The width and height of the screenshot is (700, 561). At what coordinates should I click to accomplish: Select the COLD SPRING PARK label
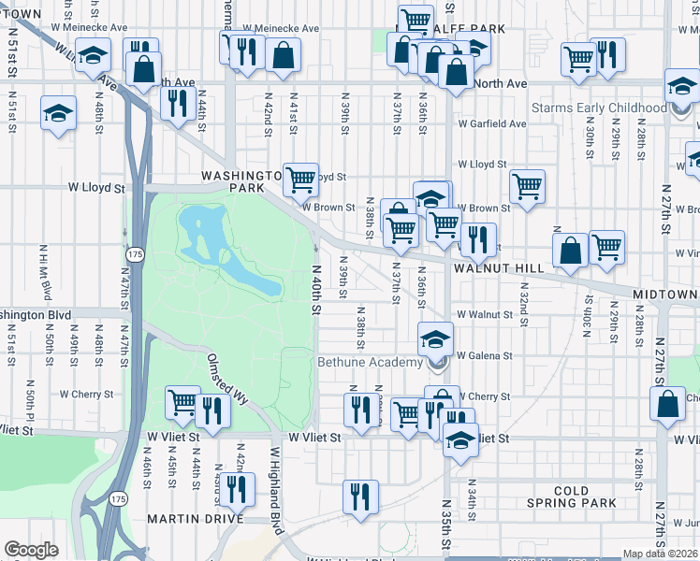pyautogui.click(x=572, y=496)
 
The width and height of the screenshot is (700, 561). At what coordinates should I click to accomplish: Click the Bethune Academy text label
pyautogui.click(x=370, y=362)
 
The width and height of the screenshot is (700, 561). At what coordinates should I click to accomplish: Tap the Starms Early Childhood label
pyautogui.click(x=599, y=108)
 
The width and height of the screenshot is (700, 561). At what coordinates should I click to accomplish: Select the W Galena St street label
pyautogui.click(x=484, y=355)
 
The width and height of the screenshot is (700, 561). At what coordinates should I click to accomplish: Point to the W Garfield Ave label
pyautogui.click(x=491, y=123)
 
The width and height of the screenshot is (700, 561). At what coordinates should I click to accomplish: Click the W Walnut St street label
pyautogui.click(x=484, y=314)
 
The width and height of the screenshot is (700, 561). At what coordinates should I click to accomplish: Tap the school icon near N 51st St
pyautogui.click(x=58, y=115)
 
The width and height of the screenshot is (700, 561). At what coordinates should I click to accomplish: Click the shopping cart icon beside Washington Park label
pyautogui.click(x=300, y=178)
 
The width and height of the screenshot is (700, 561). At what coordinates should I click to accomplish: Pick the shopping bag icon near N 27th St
pyautogui.click(x=668, y=404)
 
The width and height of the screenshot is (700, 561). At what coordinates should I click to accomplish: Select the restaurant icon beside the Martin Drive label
pyautogui.click(x=235, y=488)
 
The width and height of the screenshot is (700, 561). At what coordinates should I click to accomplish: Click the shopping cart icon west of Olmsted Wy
pyautogui.click(x=182, y=403)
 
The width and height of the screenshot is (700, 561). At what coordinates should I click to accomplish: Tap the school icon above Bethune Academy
pyautogui.click(x=435, y=338)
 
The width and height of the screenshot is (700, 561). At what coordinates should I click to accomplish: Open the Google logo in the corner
pyautogui.click(x=31, y=550)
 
